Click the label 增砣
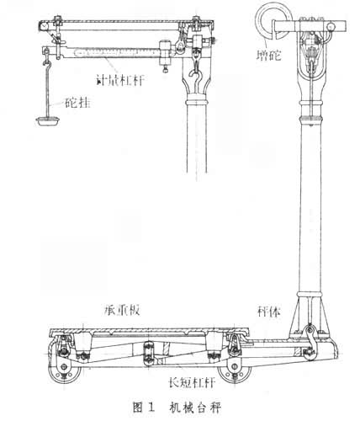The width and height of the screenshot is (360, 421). (269, 56)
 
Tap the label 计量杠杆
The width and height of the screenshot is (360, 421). (120, 81)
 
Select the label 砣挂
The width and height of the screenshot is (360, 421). (77, 103)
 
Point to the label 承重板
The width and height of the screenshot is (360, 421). (121, 311)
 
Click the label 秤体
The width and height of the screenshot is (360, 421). (268, 311)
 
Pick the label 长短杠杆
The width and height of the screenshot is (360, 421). (193, 382)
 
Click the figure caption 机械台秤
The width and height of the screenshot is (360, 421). (195, 408)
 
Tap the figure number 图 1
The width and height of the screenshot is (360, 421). (144, 408)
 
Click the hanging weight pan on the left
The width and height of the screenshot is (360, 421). (48, 120)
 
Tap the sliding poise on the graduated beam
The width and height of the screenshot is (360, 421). (165, 53)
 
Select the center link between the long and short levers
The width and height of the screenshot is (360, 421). (148, 353)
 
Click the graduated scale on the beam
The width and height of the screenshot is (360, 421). (115, 51)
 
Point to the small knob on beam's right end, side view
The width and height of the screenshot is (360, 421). (331, 27)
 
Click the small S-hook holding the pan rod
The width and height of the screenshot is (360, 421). (46, 63)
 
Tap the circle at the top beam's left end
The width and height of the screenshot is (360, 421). (44, 26)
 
